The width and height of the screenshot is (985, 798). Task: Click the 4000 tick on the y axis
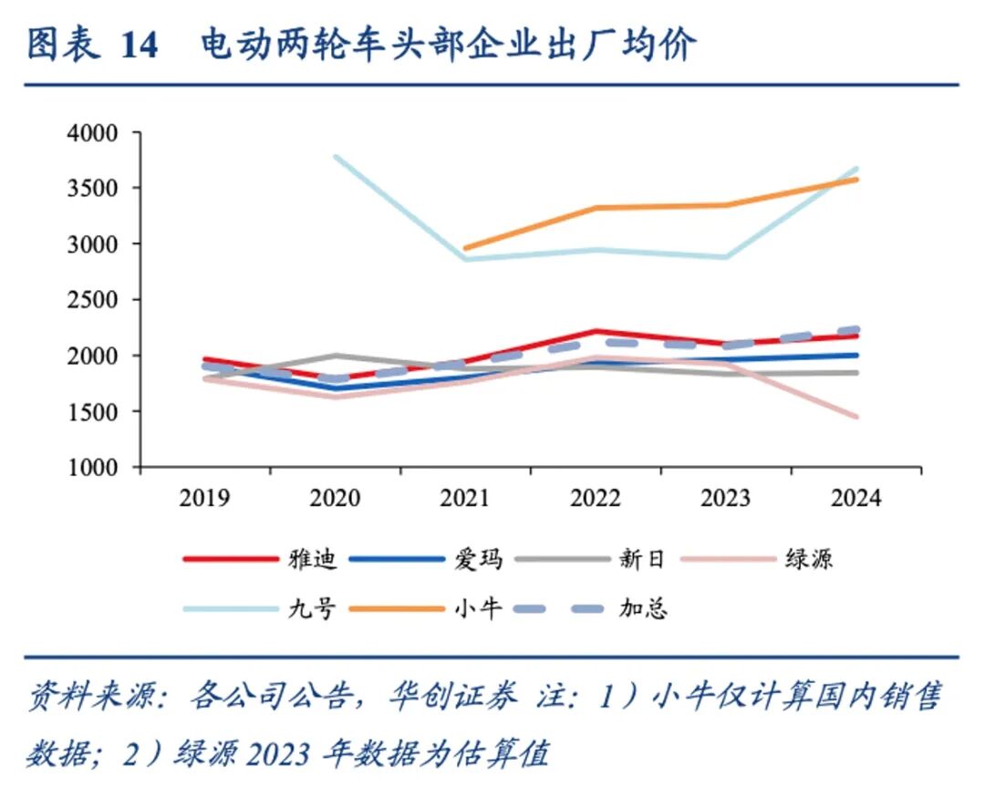(93, 133)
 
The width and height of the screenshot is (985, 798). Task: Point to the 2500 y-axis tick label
(93, 300)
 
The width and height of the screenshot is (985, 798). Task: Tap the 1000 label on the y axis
(93, 467)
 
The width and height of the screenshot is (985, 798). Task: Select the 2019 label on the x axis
(205, 498)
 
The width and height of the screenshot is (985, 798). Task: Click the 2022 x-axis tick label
(595, 498)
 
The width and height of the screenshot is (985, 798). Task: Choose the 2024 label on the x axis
(855, 498)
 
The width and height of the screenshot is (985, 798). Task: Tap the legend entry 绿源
(808, 558)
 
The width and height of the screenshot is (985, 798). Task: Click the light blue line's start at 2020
(336, 157)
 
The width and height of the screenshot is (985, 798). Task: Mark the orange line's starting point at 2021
(465, 248)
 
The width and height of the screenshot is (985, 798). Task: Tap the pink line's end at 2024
(856, 417)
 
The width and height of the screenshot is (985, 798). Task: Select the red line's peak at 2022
(596, 331)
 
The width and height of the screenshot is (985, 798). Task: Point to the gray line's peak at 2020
(336, 356)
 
